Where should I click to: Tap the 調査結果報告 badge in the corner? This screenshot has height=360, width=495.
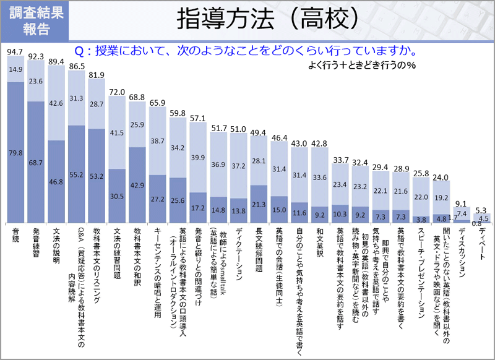click(35, 20)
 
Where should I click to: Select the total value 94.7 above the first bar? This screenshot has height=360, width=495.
click(15, 51)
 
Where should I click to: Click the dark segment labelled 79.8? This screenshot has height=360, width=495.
click(15, 152)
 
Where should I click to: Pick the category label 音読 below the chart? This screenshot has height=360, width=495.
click(15, 234)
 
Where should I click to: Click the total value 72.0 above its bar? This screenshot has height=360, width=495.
click(117, 92)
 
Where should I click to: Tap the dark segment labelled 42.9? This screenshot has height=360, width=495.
click(137, 185)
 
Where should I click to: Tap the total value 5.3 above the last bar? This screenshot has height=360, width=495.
click(481, 210)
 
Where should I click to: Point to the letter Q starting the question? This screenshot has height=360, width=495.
click(79, 51)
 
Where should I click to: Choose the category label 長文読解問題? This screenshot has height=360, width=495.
click(259, 250)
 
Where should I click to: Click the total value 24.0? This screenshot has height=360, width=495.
click(440, 177)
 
